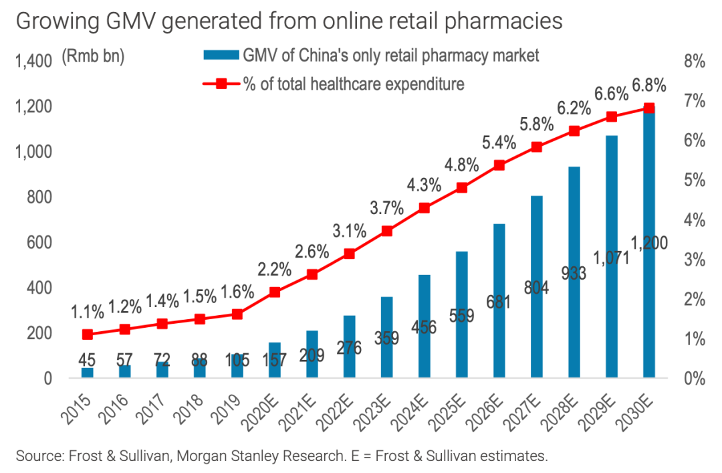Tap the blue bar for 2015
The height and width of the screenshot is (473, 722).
(x=88, y=373)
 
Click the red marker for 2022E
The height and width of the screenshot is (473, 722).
(x=349, y=254)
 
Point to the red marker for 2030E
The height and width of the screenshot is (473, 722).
(x=648, y=108)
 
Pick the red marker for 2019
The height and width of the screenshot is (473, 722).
(x=237, y=313)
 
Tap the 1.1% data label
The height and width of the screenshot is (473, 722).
(x=88, y=312)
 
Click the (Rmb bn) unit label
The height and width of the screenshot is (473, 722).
(x=93, y=58)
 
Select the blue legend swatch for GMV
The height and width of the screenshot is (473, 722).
(x=220, y=55)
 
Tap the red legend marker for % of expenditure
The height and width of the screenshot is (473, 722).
(x=221, y=84)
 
